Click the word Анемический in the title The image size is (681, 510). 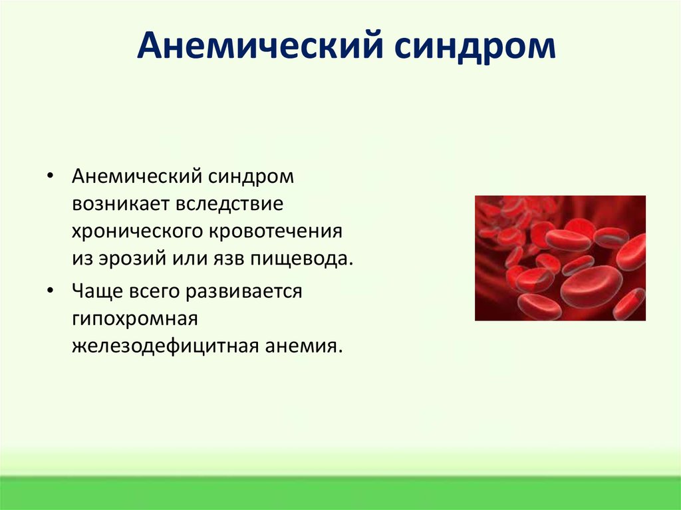[x=260, y=46]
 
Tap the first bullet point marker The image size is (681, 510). [x=51, y=176]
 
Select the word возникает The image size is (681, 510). [x=121, y=204]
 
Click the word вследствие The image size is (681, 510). [x=229, y=204]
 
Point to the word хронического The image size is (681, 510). [x=138, y=232]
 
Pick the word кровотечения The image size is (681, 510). [x=276, y=232]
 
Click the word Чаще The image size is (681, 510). [x=97, y=291]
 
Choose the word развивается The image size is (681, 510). [x=243, y=291]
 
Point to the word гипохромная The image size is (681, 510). [x=135, y=319]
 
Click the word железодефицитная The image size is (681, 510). [x=165, y=347]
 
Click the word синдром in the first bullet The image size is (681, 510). [x=251, y=178]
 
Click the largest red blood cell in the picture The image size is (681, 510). [x=591, y=287]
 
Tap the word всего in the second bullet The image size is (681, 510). [x=154, y=291]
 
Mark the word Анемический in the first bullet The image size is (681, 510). [x=137, y=176]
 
